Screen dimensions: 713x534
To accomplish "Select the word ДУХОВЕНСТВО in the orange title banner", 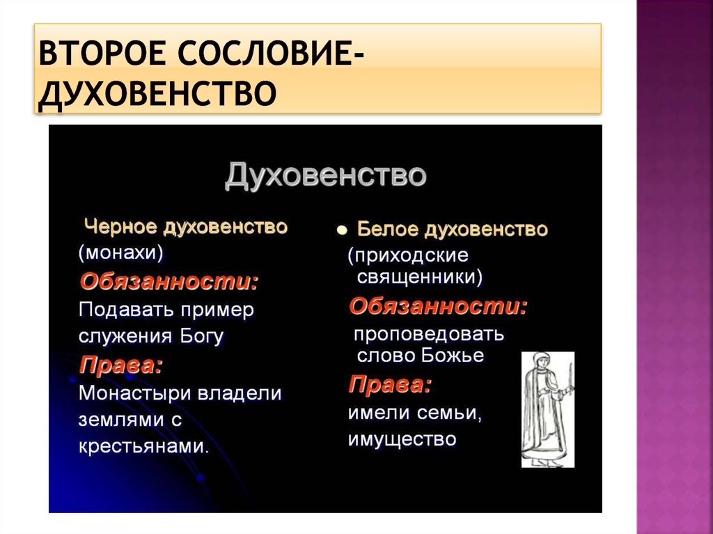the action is pyautogui.click(x=158, y=93).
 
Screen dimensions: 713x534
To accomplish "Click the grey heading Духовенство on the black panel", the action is pyautogui.click(x=326, y=175).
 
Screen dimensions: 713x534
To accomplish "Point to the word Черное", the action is pyautogui.click(x=121, y=226).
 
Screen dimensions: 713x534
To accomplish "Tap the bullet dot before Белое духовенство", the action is pyautogui.click(x=342, y=230).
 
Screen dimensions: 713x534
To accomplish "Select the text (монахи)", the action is pyautogui.click(x=121, y=253).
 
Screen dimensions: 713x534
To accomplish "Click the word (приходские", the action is pyautogui.click(x=408, y=256).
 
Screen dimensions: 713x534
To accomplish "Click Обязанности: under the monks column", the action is pyautogui.click(x=169, y=282).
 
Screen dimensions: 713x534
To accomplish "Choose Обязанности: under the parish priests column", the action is pyautogui.click(x=438, y=306).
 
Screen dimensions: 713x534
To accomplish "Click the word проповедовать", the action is pyautogui.click(x=429, y=335).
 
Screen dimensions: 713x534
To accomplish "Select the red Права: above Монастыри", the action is pyautogui.click(x=121, y=366).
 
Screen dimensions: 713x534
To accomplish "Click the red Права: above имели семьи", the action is pyautogui.click(x=390, y=385).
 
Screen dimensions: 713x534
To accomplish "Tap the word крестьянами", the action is pyautogui.click(x=143, y=447).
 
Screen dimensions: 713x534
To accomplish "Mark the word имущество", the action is pyautogui.click(x=402, y=439).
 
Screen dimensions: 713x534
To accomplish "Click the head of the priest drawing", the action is pyautogui.click(x=540, y=361).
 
